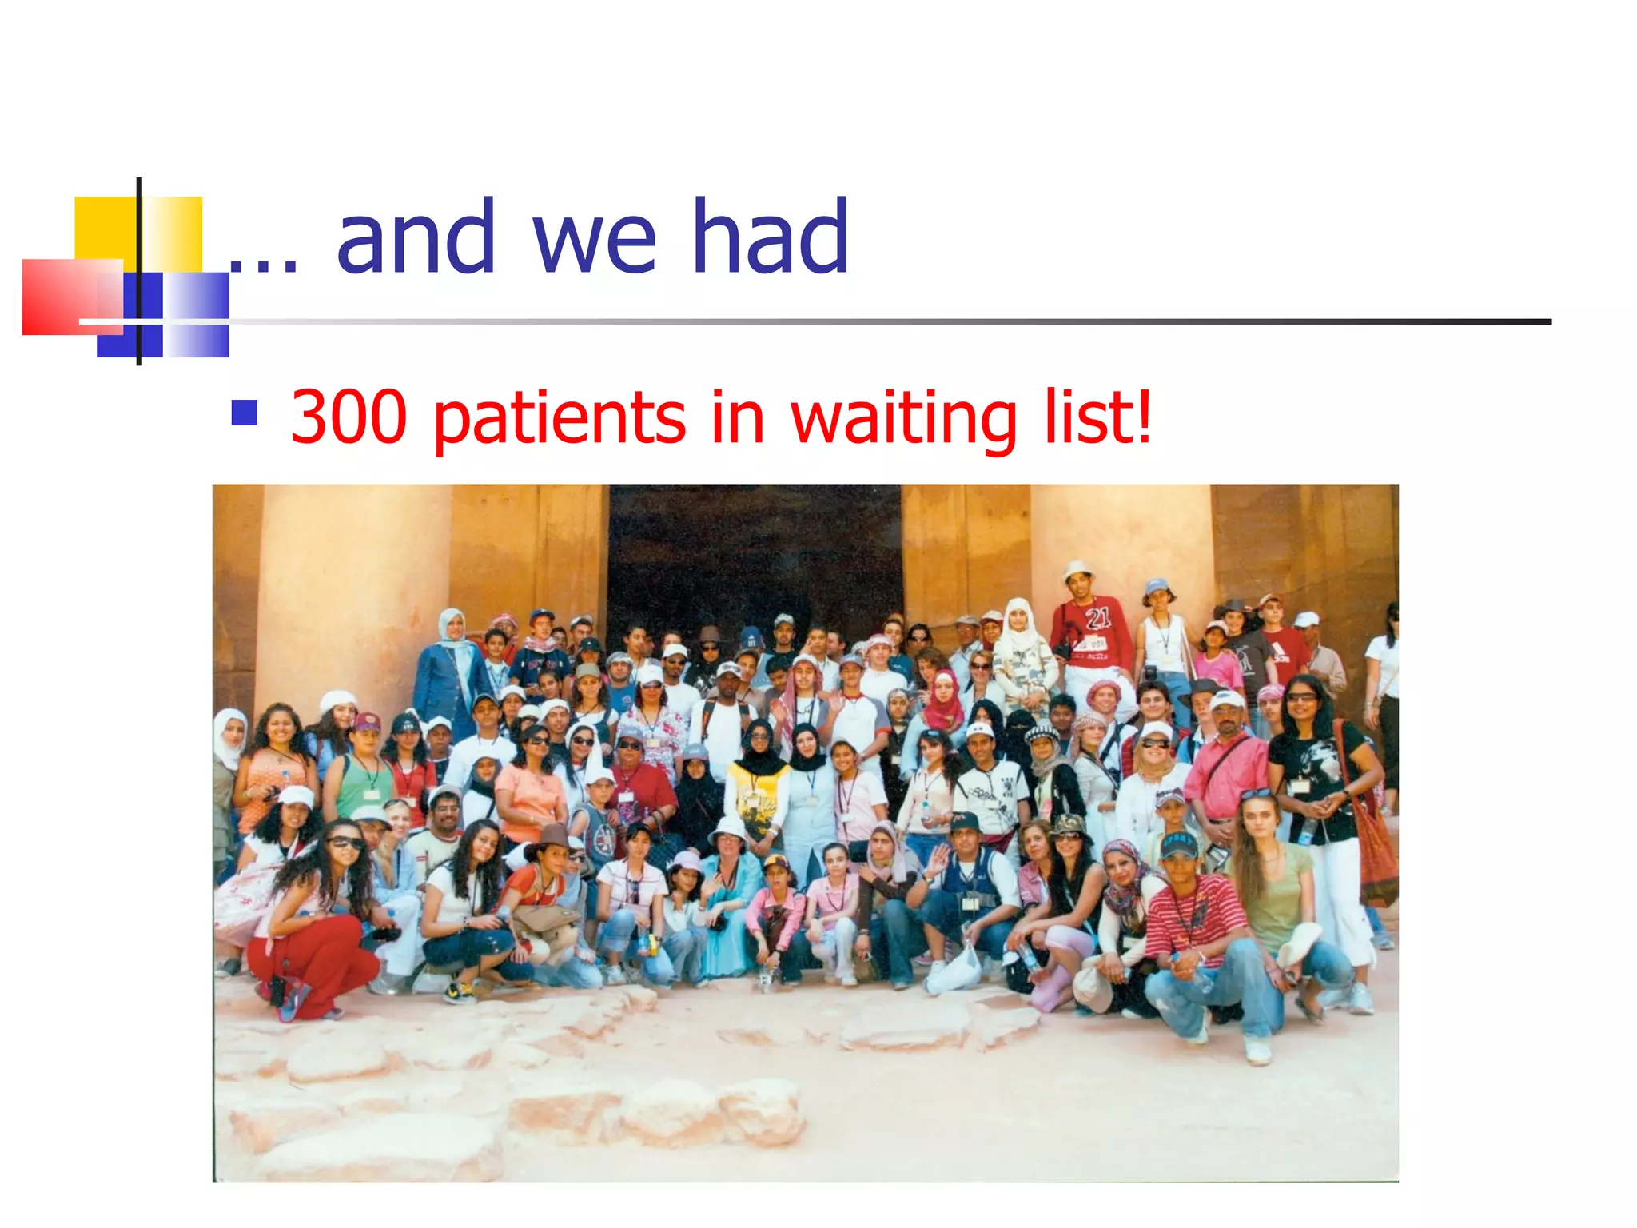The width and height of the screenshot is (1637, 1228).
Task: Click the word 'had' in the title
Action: (x=770, y=237)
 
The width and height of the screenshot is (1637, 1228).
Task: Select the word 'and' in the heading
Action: (x=416, y=237)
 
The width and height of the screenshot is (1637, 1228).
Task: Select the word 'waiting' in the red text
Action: (x=903, y=419)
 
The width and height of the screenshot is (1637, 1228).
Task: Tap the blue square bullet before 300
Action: (x=244, y=413)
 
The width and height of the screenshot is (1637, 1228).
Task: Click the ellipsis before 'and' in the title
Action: (x=264, y=264)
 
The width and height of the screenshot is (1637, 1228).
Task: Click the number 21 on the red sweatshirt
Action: (x=1097, y=617)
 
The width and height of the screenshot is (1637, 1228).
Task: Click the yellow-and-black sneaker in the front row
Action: (x=459, y=992)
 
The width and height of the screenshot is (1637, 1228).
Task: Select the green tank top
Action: (x=363, y=787)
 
